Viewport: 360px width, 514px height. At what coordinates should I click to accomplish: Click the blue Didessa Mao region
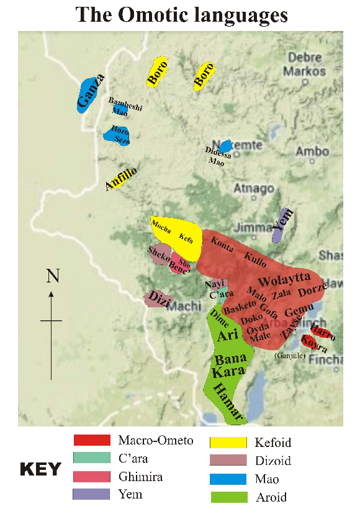(x=226, y=146)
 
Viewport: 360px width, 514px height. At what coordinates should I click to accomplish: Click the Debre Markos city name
(x=304, y=64)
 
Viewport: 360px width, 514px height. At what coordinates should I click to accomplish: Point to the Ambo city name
(x=312, y=151)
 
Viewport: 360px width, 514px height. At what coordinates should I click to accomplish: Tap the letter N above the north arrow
(x=52, y=277)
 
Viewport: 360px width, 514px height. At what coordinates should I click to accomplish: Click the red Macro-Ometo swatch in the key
(x=92, y=441)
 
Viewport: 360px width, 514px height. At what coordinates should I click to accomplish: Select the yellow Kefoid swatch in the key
(x=228, y=443)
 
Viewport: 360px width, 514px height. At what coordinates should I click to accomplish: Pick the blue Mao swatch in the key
(x=228, y=479)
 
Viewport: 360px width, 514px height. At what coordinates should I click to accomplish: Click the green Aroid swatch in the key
(x=228, y=497)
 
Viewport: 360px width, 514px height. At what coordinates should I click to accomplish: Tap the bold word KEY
(x=41, y=469)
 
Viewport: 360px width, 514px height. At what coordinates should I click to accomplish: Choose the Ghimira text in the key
(x=140, y=476)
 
